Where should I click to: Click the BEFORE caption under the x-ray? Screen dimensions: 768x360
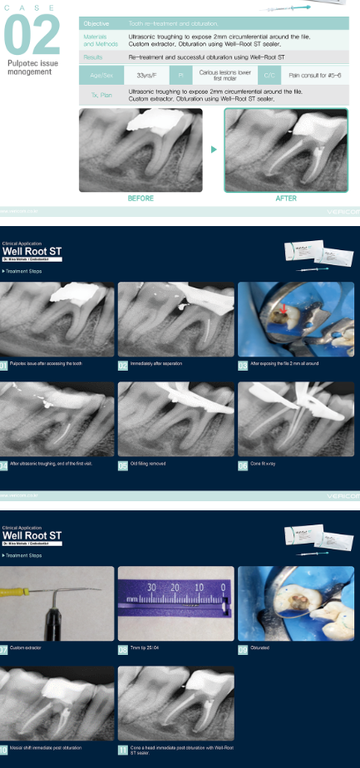pos(141,199)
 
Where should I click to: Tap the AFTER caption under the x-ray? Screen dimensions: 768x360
pos(286,199)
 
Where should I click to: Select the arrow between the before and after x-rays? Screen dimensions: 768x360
pos(214,150)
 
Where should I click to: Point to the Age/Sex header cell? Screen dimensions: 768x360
pos(100,75)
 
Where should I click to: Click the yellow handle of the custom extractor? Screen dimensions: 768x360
pos(17,593)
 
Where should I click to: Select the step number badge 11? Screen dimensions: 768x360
pos(122,750)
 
